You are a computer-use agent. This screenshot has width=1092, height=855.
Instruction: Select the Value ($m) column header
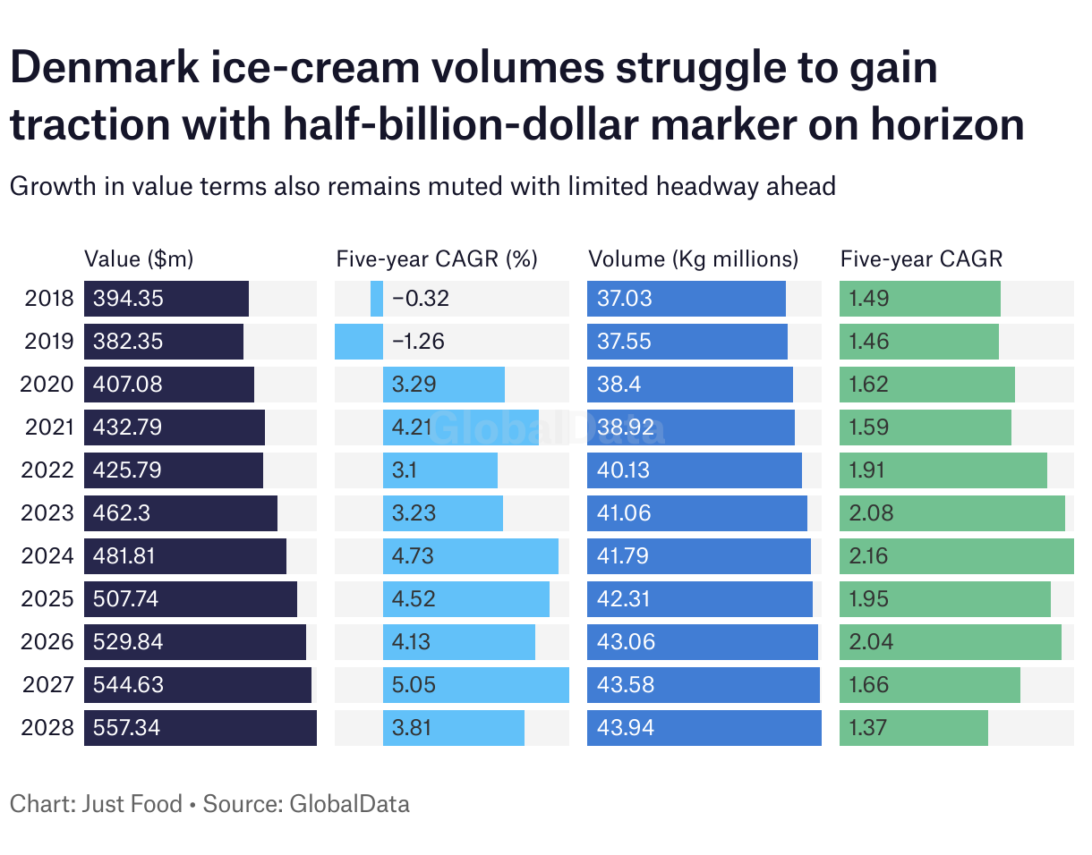(x=139, y=259)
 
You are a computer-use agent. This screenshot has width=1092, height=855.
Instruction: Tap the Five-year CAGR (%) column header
(x=437, y=259)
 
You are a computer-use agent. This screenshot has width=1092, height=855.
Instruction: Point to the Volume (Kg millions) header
(x=693, y=259)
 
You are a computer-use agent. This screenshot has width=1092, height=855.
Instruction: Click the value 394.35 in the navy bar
(x=129, y=299)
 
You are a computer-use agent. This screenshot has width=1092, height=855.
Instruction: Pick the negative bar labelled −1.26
(x=359, y=342)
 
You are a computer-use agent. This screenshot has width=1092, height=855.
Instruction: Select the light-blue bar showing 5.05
(x=475, y=685)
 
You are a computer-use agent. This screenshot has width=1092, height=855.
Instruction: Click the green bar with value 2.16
(x=956, y=556)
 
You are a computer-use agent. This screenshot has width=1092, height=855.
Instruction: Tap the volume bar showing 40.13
(x=694, y=470)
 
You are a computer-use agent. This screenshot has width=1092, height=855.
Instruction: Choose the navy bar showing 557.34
(x=200, y=728)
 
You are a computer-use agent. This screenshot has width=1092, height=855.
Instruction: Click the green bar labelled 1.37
(x=913, y=728)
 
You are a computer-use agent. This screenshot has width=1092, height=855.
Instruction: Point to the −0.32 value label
(x=421, y=299)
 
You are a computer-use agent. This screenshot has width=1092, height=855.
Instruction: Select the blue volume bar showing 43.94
(x=704, y=728)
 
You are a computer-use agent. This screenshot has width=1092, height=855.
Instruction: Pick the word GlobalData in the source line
(x=349, y=803)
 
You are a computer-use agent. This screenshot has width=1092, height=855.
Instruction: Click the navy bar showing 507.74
(x=190, y=599)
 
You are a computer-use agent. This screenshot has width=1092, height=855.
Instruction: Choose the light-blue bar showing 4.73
(x=470, y=556)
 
